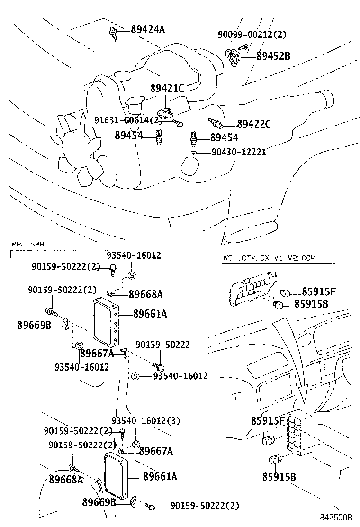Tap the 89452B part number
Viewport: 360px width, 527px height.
(273, 56)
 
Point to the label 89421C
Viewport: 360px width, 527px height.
(167, 89)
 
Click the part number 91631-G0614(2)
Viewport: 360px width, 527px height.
(128, 120)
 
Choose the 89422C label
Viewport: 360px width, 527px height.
(253, 125)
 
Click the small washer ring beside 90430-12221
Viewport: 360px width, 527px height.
(193, 153)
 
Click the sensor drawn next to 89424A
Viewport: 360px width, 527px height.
(113, 34)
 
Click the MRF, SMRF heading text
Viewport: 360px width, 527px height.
(29, 245)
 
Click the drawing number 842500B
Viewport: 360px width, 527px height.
(335, 517)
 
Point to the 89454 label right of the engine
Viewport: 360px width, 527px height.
(224, 138)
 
